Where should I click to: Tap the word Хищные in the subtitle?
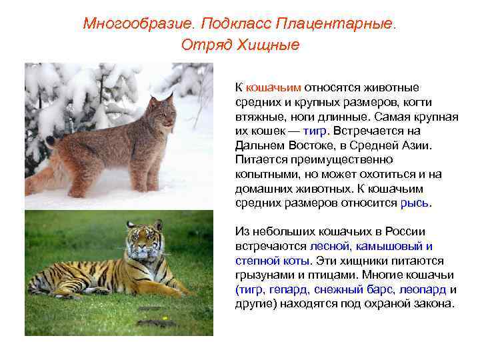coord(273,45)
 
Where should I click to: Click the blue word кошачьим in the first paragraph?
coord(274,87)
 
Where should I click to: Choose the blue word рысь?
coord(415,203)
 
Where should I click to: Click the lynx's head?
coord(163,115)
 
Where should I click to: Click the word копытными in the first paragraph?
coord(265,174)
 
